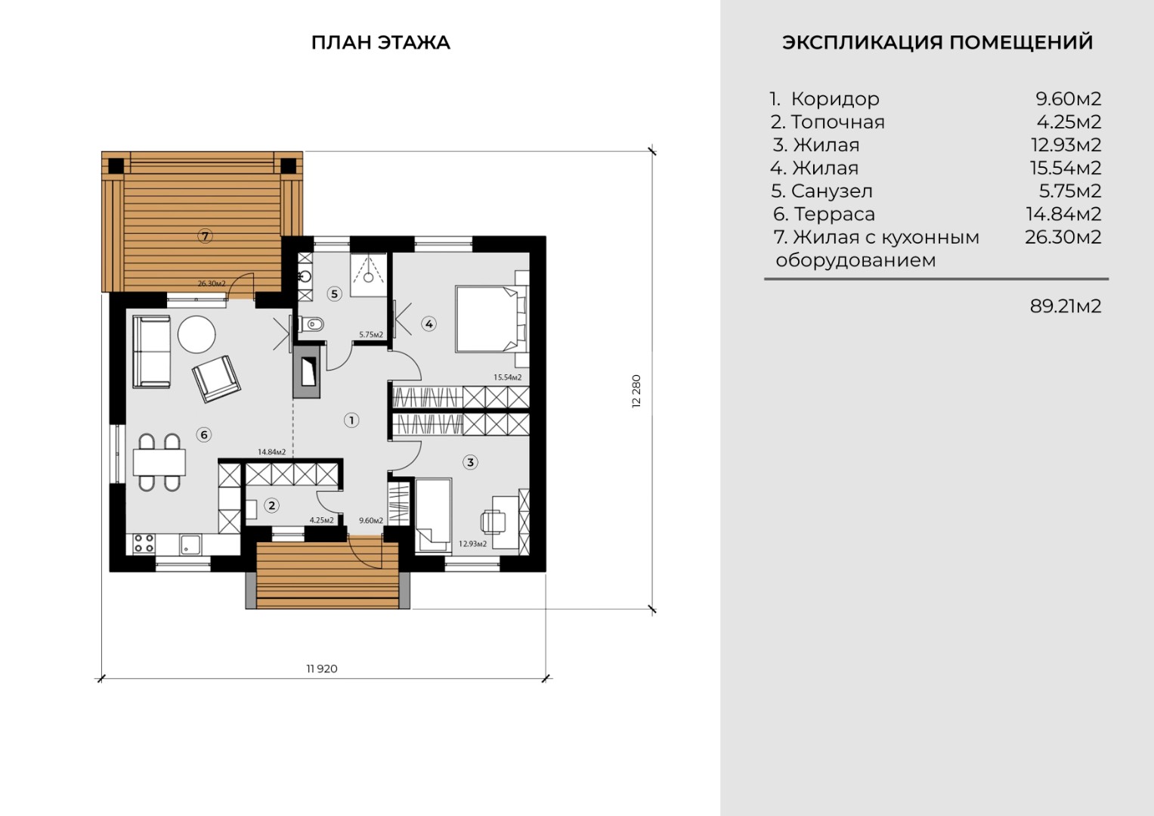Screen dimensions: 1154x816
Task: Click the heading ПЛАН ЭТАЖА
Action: pos(381,42)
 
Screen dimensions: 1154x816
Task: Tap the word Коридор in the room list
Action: pos(835,98)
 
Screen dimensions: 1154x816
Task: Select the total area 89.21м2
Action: pos(1066,306)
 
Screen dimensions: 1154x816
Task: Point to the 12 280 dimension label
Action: pos(636,391)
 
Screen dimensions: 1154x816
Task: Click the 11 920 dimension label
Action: pos(322,669)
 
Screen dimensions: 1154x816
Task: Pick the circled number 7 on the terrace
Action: pos(205,236)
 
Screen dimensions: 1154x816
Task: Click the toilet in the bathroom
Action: pos(311,324)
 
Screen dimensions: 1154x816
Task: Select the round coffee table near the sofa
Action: pos(196,334)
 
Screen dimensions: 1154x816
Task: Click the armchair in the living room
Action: pos(216,378)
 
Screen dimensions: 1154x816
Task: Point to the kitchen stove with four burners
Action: pos(144,543)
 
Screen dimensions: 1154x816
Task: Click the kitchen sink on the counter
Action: pos(190,545)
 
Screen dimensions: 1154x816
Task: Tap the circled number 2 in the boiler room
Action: pos(271,506)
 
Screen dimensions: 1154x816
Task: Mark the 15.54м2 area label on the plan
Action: pos(507,377)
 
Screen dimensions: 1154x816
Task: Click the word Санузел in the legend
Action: pos(832,191)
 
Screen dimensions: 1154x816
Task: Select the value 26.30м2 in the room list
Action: pos(1063,237)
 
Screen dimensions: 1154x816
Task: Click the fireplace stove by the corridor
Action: pos(307,371)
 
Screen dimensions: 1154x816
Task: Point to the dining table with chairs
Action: pos(159,462)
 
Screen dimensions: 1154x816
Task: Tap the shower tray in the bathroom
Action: pos(368,275)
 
